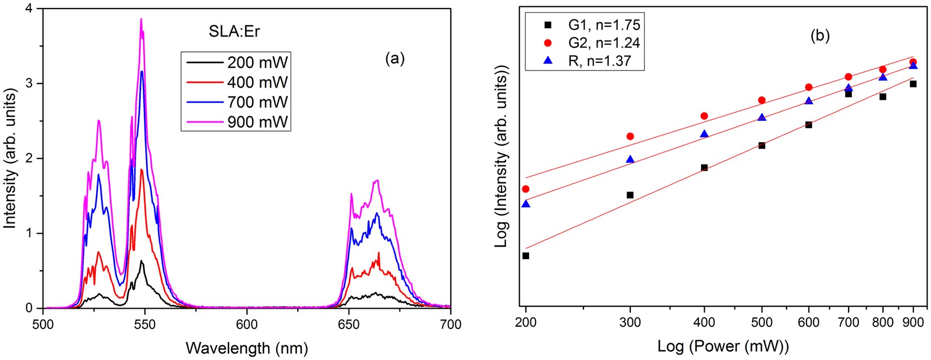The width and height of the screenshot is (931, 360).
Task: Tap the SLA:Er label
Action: pyautogui.click(x=234, y=31)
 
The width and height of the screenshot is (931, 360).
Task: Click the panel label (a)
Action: pyautogui.click(x=394, y=59)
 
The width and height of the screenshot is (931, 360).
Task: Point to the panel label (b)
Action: pyautogui.click(x=820, y=36)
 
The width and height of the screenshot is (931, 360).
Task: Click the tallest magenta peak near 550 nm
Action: pyautogui.click(x=141, y=20)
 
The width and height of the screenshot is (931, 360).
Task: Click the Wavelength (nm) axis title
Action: pyautogui.click(x=247, y=348)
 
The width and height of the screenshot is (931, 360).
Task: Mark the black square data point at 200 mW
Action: pyautogui.click(x=526, y=256)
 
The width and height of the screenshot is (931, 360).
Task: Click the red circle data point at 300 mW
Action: pyautogui.click(x=630, y=136)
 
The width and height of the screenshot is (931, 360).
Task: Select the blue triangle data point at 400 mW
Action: pyautogui.click(x=704, y=134)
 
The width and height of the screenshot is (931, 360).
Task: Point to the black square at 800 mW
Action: pyautogui.click(x=883, y=96)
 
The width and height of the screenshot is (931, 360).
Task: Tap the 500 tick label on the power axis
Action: pyautogui.click(x=762, y=322)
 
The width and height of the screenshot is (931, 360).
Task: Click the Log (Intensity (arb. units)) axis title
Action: pyautogui.click(x=502, y=156)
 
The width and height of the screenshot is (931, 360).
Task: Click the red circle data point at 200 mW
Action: pyautogui.click(x=526, y=188)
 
